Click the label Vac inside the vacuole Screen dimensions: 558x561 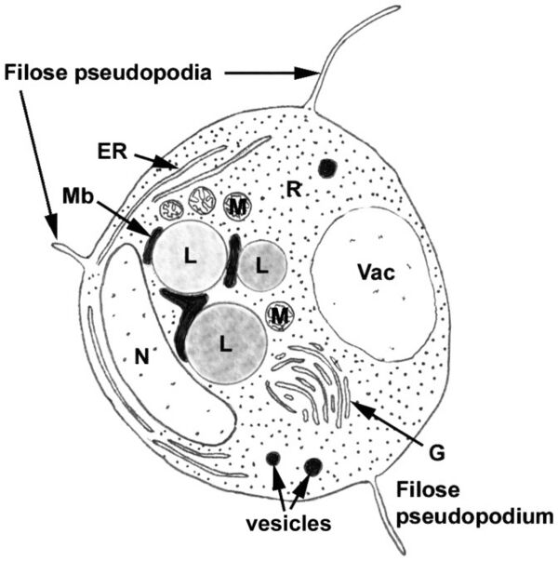tap(377, 273)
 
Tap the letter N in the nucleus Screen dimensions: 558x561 tap(142, 356)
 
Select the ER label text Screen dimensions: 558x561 tap(112, 152)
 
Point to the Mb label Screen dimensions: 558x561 tap(78, 195)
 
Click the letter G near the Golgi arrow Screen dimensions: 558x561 tap(437, 453)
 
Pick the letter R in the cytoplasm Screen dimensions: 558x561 tap(294, 189)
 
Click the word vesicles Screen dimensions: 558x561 tap(288, 524)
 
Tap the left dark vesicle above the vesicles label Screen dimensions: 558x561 tap(273, 458)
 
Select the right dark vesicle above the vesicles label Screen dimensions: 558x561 tap(313, 467)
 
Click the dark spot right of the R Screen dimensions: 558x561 tap(327, 167)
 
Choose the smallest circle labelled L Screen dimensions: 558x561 tap(262, 265)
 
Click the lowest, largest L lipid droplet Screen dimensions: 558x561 tap(225, 343)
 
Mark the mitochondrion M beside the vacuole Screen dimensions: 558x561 tap(280, 316)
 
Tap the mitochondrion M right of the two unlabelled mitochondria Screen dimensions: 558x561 tap(237, 207)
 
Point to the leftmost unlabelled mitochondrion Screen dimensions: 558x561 tap(171, 209)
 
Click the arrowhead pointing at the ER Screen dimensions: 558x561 tap(167, 164)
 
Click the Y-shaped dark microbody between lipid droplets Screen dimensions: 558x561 tap(186, 314)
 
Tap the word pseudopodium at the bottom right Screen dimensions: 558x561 tap(474, 517)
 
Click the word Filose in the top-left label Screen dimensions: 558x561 tap(35, 73)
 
